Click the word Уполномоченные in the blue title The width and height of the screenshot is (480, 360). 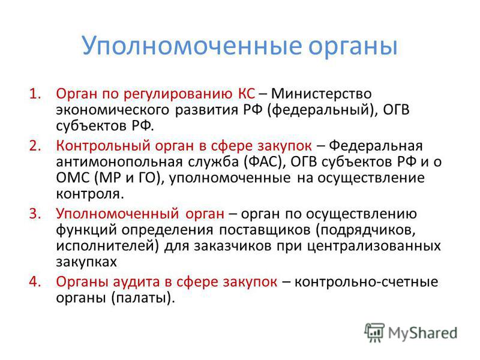[x=192, y=46]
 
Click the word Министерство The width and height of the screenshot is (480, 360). [x=322, y=94]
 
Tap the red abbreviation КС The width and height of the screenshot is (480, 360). [x=246, y=94]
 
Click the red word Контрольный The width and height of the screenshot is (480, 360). [x=103, y=146]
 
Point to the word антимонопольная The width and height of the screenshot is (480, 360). [x=119, y=162]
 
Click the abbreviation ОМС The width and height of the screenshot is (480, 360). [x=73, y=178]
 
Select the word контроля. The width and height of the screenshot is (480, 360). [x=90, y=194]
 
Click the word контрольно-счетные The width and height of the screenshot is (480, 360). [x=366, y=282]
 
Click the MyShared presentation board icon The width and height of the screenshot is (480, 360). [x=374, y=332]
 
